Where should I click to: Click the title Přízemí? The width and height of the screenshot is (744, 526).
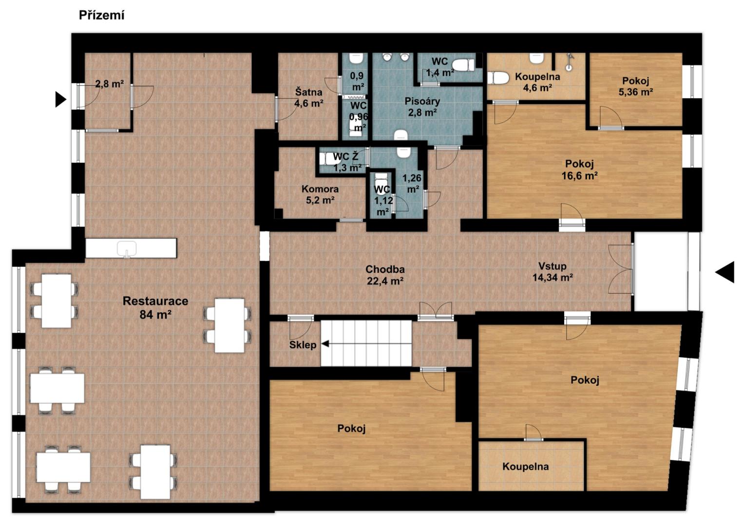102,15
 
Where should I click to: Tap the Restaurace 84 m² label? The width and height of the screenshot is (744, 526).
155,307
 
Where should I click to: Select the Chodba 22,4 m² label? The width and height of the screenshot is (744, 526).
385,275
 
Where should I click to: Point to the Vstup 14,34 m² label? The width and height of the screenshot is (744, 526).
553,272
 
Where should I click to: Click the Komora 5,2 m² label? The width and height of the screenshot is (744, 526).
320,195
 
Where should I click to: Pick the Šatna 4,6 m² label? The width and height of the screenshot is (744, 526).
309,97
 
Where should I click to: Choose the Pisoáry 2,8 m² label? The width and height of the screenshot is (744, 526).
422,107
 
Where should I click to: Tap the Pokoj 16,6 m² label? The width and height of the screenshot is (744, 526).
580,169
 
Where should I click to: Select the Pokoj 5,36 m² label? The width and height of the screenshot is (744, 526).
636,86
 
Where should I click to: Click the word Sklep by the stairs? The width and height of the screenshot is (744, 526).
303,345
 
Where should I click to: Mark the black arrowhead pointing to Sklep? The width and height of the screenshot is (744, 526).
325,343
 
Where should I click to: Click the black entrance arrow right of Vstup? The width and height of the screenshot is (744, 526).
725,272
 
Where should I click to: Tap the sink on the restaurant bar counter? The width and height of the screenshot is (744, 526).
127,249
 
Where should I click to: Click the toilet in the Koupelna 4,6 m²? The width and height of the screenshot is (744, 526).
498,78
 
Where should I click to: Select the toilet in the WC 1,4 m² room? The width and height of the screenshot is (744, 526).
463,65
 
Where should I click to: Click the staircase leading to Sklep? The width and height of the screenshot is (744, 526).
366,343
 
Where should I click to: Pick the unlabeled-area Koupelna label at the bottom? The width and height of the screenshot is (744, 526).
525,467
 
